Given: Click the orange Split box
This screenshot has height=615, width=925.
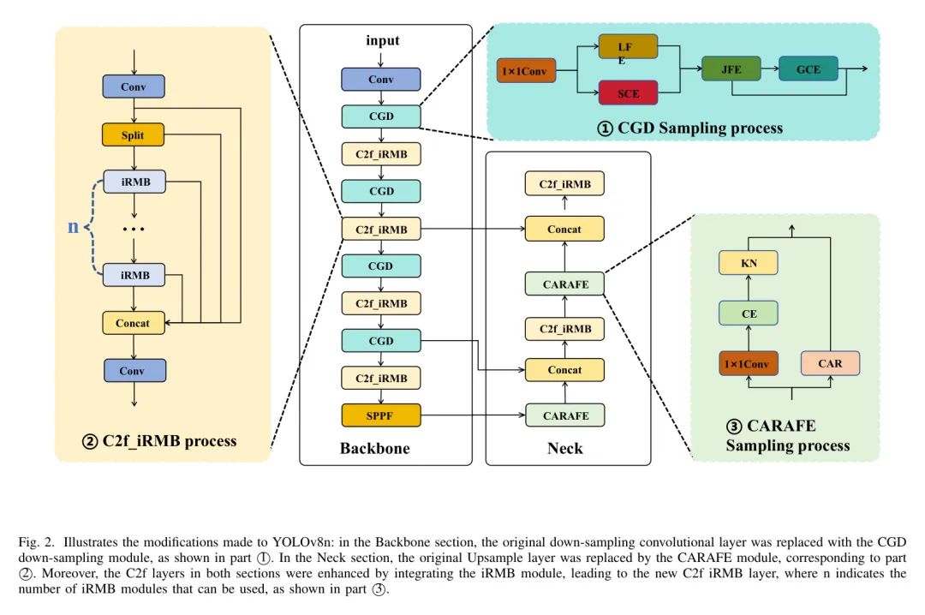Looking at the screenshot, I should click(x=133, y=135).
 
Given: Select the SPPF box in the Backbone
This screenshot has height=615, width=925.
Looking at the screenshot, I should click(x=381, y=415).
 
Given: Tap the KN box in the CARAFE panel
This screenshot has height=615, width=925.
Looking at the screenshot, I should click(x=749, y=263).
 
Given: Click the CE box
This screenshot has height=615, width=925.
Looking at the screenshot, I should click(x=749, y=313).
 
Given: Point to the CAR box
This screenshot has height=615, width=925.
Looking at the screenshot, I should click(x=829, y=363).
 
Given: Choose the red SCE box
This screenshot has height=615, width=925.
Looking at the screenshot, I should click(x=628, y=93).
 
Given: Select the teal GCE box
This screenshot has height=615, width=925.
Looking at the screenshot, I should click(x=808, y=69).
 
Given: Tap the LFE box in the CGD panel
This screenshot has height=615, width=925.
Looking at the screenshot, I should click(x=628, y=47).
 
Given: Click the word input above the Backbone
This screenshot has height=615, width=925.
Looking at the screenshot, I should click(x=382, y=40).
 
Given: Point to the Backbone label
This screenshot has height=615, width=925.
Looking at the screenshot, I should click(x=374, y=448).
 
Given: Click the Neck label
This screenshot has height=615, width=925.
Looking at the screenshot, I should click(x=564, y=448).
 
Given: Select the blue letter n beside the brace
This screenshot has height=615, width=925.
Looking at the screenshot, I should click(x=73, y=227).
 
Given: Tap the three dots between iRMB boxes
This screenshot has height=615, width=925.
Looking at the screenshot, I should click(x=133, y=230).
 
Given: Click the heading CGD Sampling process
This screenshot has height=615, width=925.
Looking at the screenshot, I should click(x=690, y=128).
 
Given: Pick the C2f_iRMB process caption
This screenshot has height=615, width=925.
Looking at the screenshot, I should click(x=159, y=441).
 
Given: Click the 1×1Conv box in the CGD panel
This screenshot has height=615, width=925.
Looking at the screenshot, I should click(x=527, y=70).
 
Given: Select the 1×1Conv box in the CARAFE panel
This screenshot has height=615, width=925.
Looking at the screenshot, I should click(x=748, y=363).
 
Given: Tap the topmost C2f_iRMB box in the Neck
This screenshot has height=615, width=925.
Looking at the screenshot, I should click(x=564, y=183).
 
